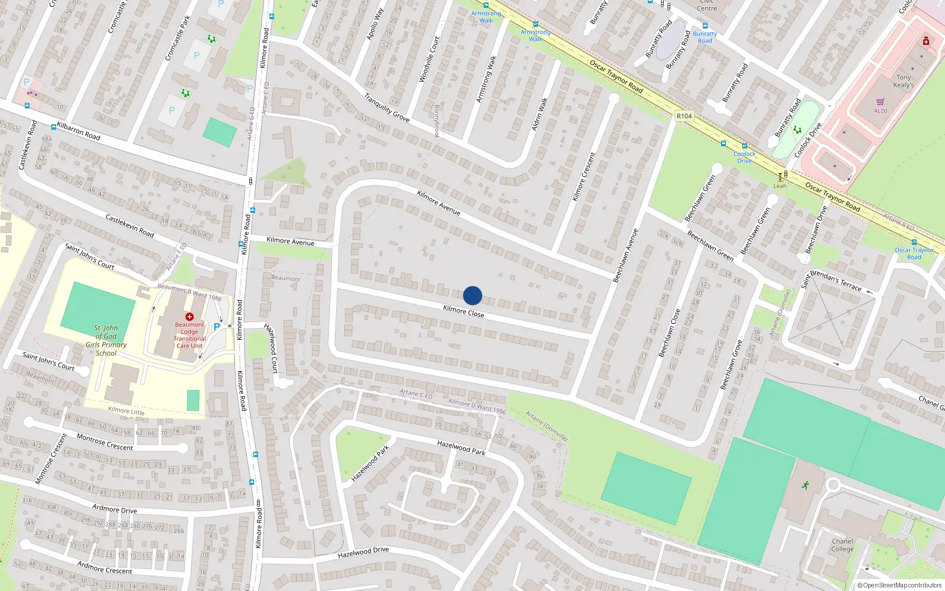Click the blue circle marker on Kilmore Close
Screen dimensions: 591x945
pos(472,295)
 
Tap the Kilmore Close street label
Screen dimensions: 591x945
pos(464,311)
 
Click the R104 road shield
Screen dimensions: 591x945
pos(684,116)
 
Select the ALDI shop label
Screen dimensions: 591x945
pos(880,111)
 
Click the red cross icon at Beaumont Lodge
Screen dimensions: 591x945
pos(190,317)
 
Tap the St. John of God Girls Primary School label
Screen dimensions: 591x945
pos(106,340)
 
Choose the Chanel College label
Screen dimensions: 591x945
pos(842,545)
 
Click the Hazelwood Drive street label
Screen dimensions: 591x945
pos(363,553)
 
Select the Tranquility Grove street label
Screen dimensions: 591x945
pos(386,108)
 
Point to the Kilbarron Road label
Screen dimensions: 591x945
pos(79,132)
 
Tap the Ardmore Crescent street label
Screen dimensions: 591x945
pos(105,567)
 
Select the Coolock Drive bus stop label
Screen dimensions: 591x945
pos(744,157)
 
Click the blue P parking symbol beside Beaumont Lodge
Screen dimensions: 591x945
pos(217,326)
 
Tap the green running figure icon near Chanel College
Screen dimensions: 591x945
pos(805,485)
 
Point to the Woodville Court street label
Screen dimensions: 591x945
pos(429,59)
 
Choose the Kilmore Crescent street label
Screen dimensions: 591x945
pos(584,176)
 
